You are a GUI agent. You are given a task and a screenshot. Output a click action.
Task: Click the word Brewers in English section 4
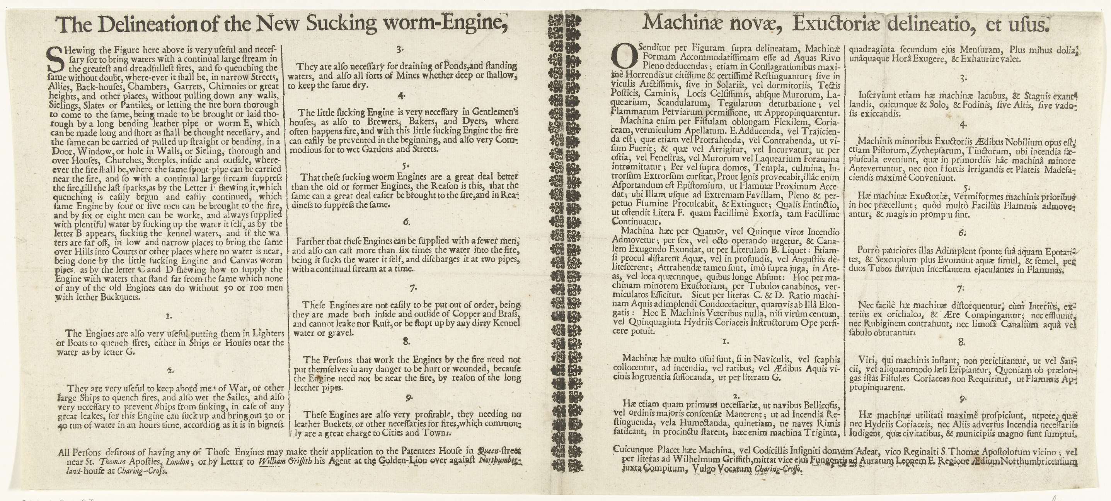tap(390, 121)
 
